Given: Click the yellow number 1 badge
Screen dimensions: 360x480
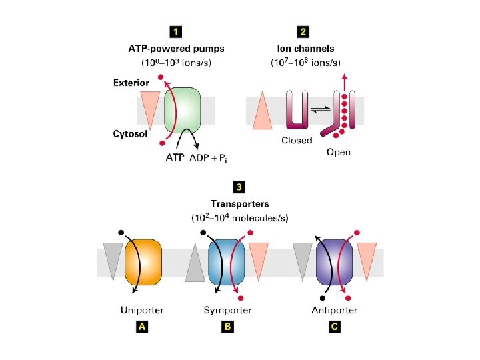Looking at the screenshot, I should point(175,31).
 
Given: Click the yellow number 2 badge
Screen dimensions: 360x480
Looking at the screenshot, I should point(303,31).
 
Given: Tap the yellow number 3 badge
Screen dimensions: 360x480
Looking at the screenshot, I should point(239,187).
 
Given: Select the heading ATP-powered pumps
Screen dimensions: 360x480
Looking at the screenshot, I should point(176,49).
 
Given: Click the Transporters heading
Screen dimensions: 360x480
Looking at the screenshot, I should point(239,203).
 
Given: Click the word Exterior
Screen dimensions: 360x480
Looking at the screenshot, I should point(131,83).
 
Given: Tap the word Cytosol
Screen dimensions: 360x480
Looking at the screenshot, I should point(131,133).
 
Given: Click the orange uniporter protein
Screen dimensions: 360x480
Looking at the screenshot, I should point(143,262).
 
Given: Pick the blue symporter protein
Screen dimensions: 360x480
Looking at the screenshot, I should point(227,262).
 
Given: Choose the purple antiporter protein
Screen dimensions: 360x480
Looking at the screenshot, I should point(334,262).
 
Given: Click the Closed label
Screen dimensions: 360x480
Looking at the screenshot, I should point(297,141).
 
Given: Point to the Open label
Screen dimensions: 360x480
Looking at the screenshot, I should point(338,152).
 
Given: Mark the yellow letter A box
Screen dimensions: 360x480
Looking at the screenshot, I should point(141,327).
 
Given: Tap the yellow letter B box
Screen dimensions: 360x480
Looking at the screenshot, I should point(228,327).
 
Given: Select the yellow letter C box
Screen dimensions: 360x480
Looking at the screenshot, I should point(334,327).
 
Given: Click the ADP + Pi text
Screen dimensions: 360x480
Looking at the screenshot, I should point(208,157).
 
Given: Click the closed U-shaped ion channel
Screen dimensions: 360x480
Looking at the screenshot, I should point(297,109).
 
